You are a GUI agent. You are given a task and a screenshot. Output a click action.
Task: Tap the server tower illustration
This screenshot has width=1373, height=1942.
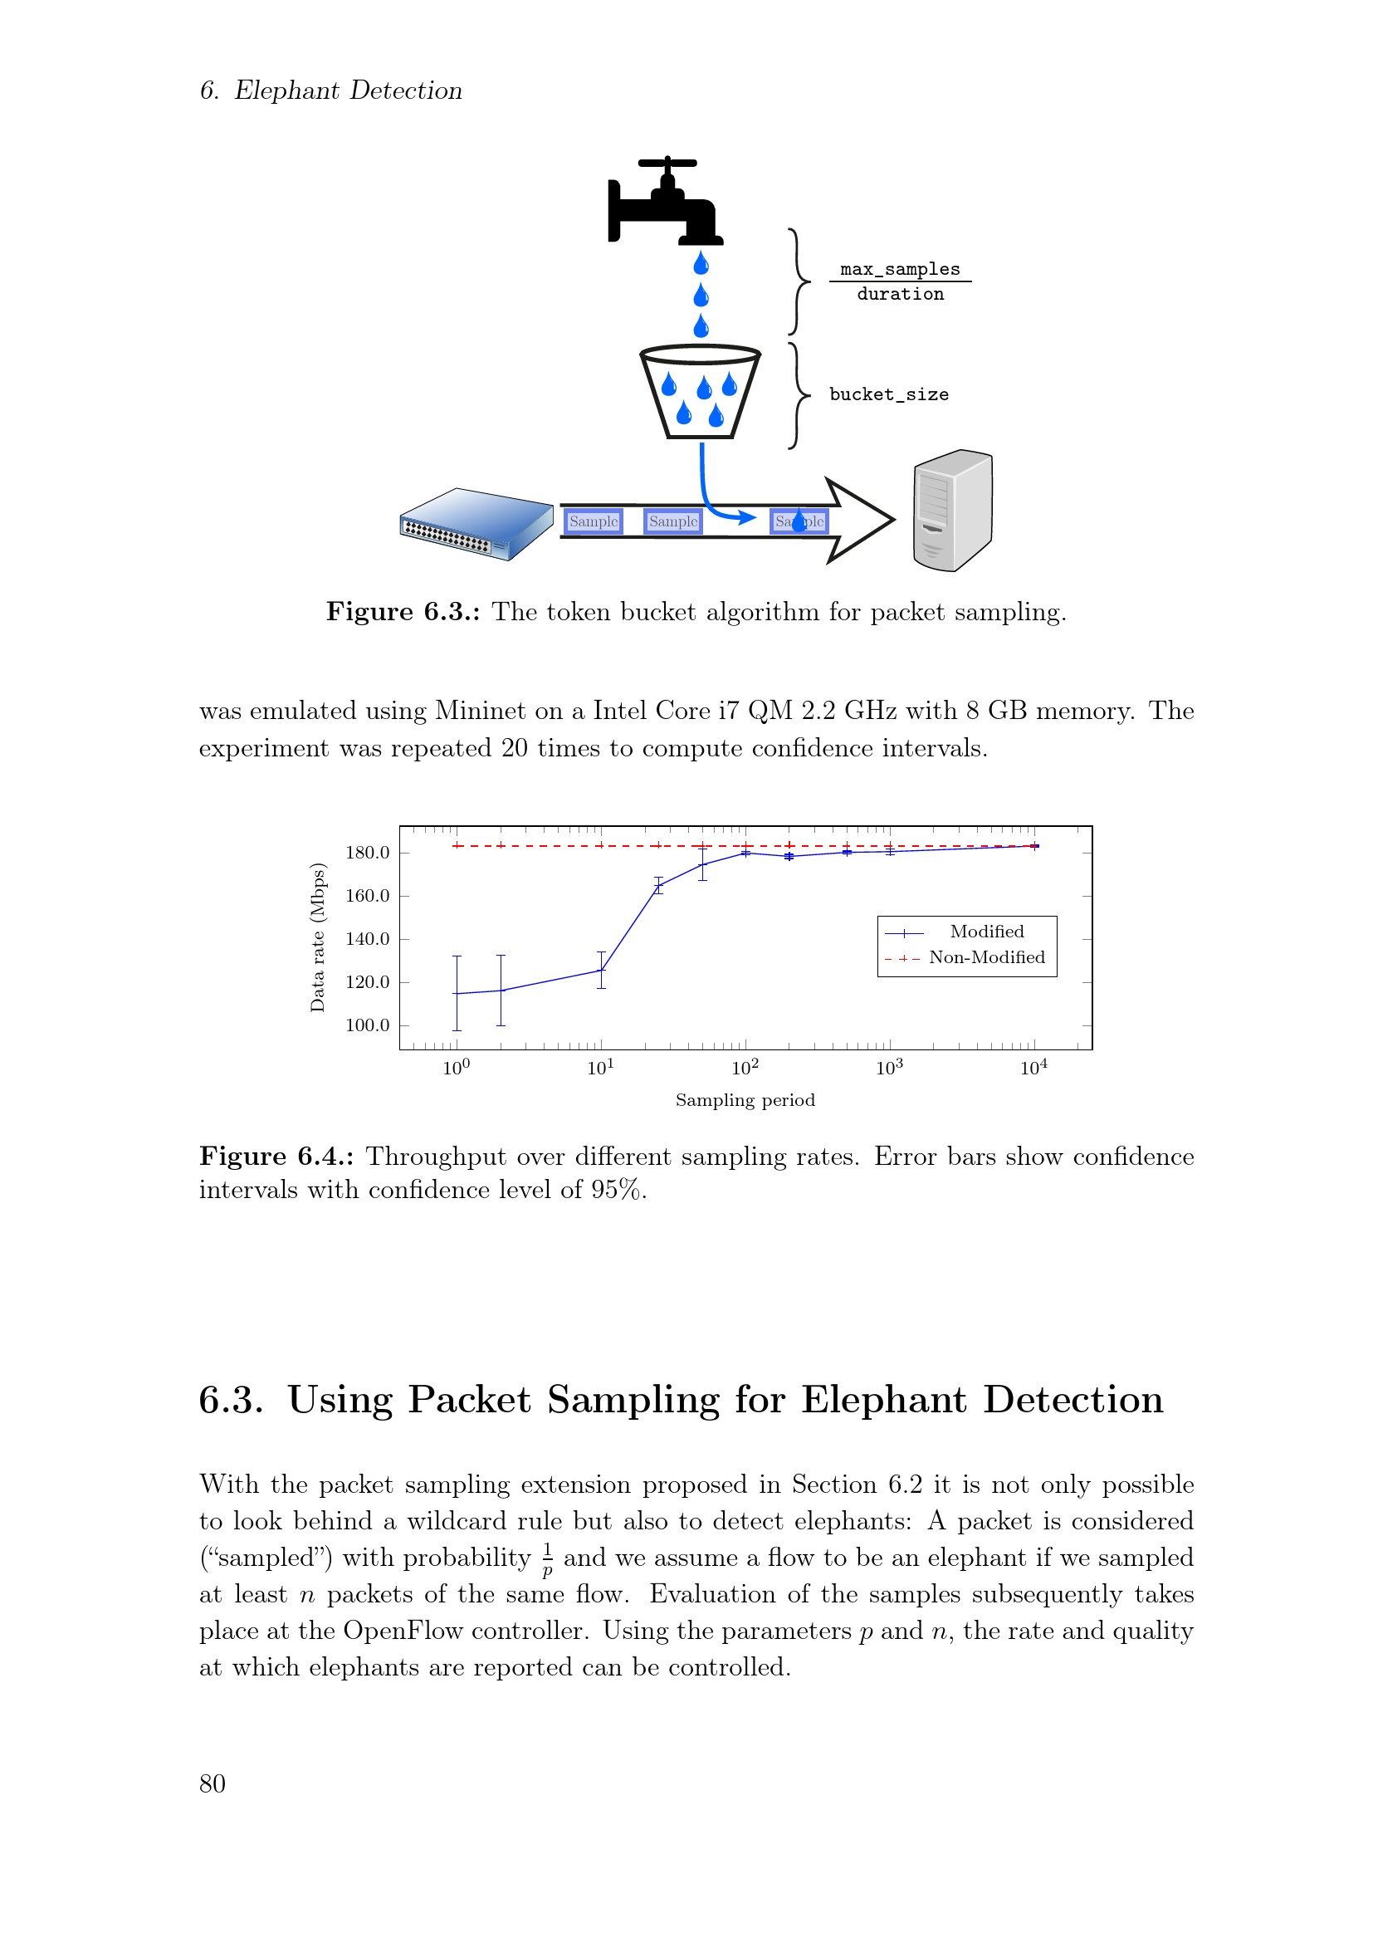tap(953, 510)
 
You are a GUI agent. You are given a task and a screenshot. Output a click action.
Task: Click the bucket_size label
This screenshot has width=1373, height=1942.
tap(888, 394)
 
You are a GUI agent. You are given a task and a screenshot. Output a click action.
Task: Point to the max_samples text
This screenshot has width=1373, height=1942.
tap(900, 269)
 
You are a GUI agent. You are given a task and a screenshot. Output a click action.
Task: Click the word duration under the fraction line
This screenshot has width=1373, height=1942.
tap(900, 295)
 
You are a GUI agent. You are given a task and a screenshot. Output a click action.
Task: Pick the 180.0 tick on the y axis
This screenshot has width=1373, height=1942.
tap(367, 853)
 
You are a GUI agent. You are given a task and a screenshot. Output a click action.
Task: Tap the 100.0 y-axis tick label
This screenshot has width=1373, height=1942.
tap(367, 1026)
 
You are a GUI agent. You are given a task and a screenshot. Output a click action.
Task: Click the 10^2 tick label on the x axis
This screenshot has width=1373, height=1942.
tap(745, 1069)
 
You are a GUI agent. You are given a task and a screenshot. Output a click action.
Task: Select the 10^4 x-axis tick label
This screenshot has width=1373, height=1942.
tap(1033, 1069)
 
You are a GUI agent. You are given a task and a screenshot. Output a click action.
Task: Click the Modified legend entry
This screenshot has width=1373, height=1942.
tap(986, 932)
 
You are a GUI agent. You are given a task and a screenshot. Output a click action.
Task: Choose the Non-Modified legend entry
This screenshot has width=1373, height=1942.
tap(986, 957)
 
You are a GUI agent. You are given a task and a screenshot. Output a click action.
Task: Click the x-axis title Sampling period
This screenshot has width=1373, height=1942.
tap(745, 1100)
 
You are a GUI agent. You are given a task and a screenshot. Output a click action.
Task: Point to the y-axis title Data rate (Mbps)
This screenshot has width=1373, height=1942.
tap(318, 937)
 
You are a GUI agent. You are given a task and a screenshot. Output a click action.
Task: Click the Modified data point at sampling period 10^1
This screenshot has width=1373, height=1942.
tap(601, 970)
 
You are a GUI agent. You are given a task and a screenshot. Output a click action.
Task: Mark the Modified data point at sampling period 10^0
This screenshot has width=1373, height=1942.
tap(457, 994)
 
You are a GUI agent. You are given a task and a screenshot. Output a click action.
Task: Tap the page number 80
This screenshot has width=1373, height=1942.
tap(213, 1783)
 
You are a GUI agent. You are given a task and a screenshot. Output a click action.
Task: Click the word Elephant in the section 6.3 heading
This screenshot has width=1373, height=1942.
tap(882, 1400)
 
